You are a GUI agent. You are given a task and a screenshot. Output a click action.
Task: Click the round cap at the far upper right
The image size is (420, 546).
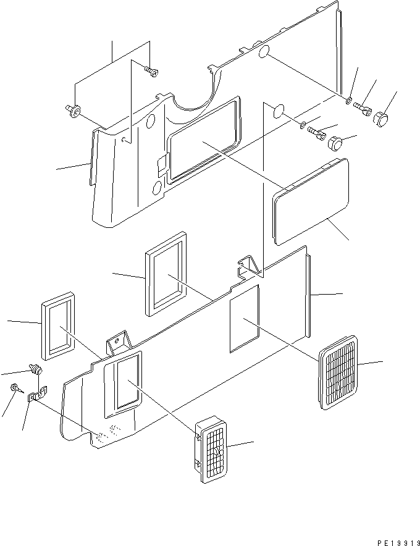[x=383, y=117]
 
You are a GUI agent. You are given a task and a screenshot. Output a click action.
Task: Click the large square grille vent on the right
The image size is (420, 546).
[x=338, y=372]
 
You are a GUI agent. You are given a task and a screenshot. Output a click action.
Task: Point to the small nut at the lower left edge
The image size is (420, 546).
[x=15, y=388]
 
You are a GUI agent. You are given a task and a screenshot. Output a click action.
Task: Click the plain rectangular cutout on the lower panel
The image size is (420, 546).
[x=245, y=318]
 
